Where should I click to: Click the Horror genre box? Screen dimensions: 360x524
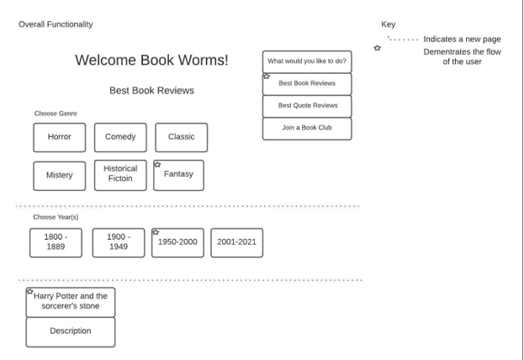click(60, 137)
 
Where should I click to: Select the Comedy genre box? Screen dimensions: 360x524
click(120, 137)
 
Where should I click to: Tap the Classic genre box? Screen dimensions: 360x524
click(181, 137)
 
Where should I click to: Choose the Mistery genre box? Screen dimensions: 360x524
click(60, 175)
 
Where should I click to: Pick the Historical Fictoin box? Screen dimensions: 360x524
click(120, 174)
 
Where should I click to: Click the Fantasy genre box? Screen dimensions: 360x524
click(178, 175)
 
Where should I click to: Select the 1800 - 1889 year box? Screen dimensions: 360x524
click(56, 242)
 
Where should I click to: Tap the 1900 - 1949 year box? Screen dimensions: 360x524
click(119, 242)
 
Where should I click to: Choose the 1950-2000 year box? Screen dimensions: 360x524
click(177, 242)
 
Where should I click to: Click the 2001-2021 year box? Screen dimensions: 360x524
click(236, 242)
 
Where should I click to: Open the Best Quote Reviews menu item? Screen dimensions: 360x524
click(307, 106)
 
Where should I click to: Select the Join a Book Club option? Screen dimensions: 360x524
click(307, 128)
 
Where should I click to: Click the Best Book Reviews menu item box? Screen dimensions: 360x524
click(307, 84)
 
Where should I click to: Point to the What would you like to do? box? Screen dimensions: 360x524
click(307, 61)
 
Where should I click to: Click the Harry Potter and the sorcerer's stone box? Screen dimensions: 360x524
click(71, 302)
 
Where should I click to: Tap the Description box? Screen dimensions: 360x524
click(71, 331)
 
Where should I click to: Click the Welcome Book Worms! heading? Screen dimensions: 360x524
click(151, 61)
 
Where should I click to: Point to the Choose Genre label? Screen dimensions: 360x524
click(56, 114)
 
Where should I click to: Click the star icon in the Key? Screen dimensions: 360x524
click(377, 48)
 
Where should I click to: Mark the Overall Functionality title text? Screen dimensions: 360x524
click(56, 24)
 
